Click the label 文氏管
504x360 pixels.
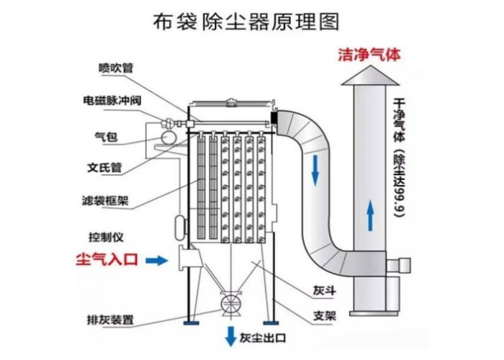104,168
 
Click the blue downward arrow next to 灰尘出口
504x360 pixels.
230,335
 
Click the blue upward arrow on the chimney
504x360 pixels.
369,214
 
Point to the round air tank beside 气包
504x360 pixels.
167,135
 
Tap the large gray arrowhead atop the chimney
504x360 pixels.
369,76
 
